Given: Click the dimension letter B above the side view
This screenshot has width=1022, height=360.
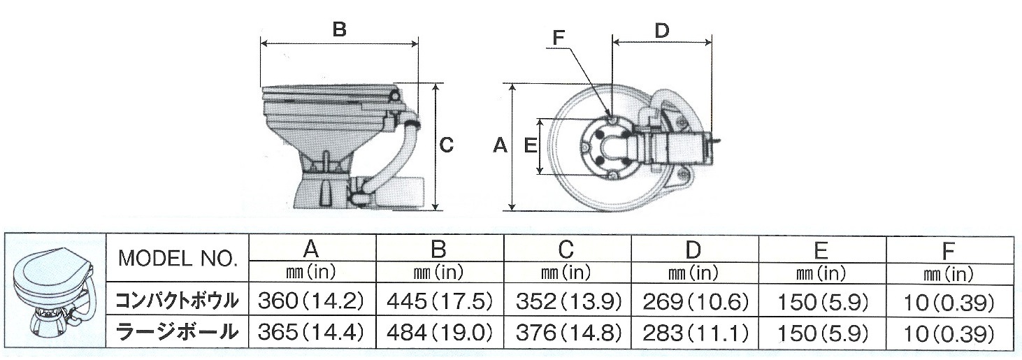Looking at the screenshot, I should [339, 30].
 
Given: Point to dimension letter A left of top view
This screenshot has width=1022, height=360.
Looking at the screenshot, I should [500, 145].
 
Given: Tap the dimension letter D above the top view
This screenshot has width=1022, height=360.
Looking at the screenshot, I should [662, 30].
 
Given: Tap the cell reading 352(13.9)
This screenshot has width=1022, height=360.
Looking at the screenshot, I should [567, 301].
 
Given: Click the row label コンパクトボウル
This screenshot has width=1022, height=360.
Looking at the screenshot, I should [178, 301].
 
